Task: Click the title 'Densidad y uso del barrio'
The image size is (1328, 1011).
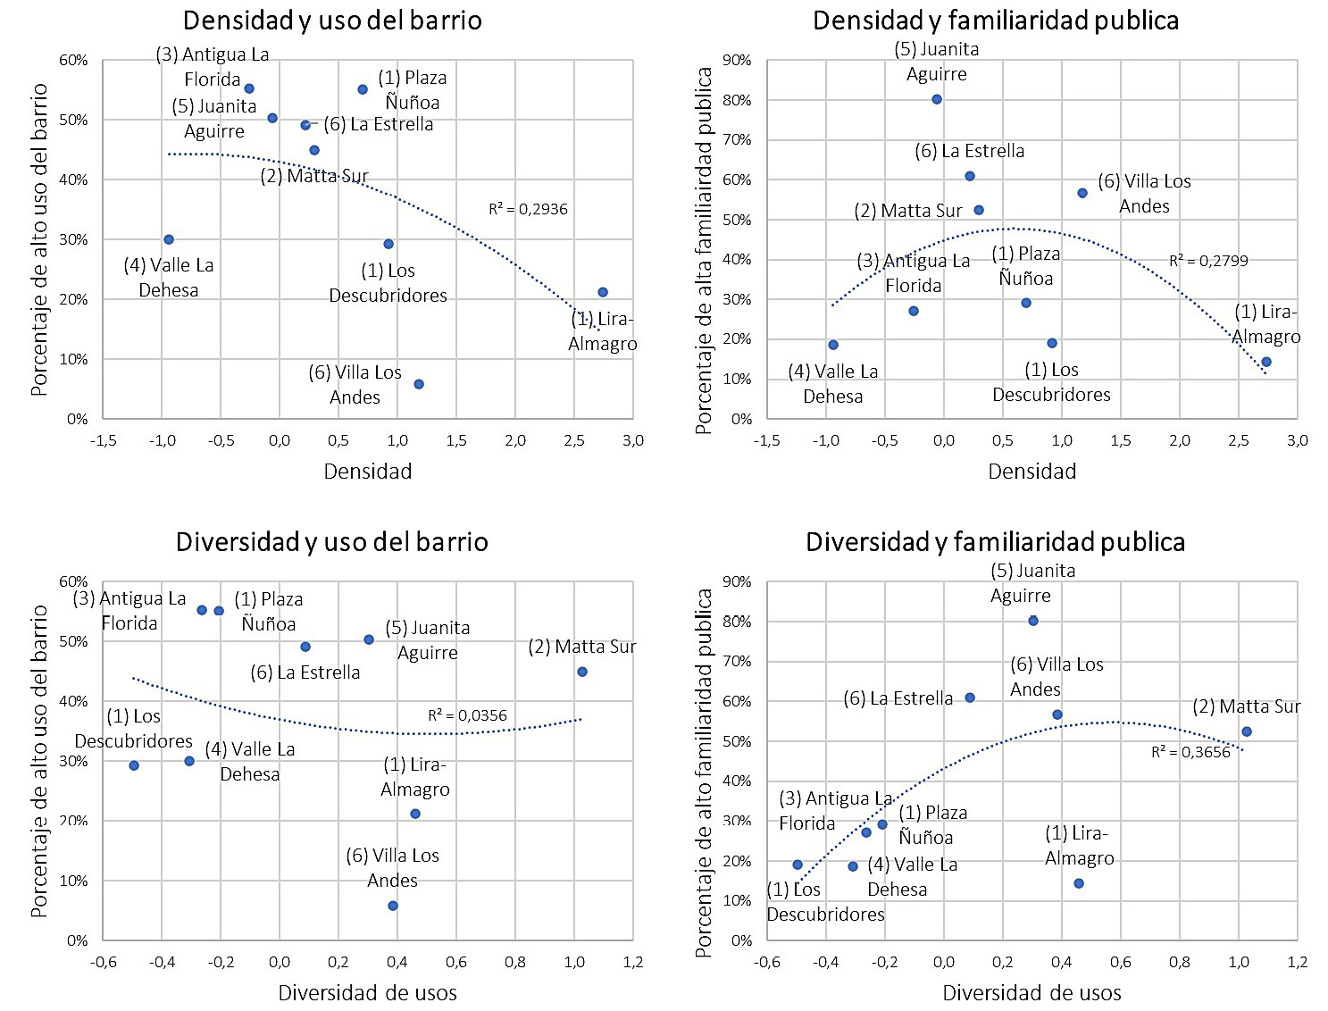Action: click(332, 21)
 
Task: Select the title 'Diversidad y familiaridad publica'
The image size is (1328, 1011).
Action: click(995, 542)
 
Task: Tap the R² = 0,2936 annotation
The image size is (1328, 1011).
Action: click(528, 209)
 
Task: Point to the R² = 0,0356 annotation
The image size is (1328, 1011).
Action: click(467, 715)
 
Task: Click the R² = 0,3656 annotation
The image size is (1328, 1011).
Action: click(1190, 752)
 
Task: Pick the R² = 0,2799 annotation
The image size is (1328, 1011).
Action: click(1208, 261)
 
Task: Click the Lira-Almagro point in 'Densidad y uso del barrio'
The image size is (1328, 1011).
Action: click(603, 292)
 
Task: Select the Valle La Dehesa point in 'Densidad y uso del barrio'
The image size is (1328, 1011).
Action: click(169, 239)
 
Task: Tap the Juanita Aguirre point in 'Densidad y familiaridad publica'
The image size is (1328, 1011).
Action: click(937, 99)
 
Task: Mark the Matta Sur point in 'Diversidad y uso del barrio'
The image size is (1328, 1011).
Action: click(582, 672)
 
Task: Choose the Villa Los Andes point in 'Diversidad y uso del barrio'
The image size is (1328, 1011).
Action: click(393, 906)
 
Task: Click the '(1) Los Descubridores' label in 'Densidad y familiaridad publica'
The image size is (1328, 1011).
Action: click(1051, 382)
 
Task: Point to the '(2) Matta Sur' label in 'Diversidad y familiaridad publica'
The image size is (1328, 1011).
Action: click(1246, 706)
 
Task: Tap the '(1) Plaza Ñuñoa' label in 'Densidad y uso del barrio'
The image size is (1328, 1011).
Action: click(412, 90)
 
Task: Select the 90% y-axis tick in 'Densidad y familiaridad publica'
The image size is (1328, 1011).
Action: click(738, 61)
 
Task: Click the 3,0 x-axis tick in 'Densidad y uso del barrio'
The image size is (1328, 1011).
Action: click(633, 440)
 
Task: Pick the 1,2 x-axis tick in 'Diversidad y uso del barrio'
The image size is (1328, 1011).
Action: click(633, 962)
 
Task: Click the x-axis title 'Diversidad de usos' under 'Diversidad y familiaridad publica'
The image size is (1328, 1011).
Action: click(1031, 992)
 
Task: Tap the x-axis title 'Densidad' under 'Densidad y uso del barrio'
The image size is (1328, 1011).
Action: click(368, 471)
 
